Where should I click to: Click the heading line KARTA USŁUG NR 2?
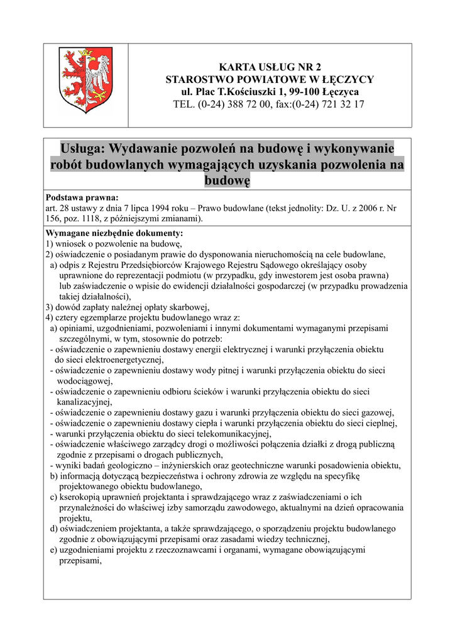[x=269, y=67]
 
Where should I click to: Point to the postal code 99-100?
[x=302, y=92]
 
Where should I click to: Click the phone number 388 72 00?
[x=248, y=104]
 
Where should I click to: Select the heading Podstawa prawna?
[x=82, y=197]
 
